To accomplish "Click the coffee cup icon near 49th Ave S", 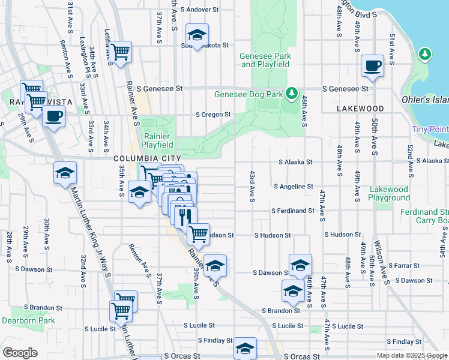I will click(x=372, y=65).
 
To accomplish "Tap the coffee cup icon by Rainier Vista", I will click(x=53, y=116).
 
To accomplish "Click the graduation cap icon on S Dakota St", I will click(x=196, y=35).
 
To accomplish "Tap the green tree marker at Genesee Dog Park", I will click(x=292, y=94).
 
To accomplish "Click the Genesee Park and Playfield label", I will click(x=265, y=60).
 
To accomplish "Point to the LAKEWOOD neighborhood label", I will click(x=360, y=109).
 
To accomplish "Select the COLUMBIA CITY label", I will click(x=139, y=158).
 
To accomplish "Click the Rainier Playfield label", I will click(x=158, y=140).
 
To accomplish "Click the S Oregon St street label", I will click(x=214, y=115).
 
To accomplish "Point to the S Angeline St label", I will click(x=293, y=187).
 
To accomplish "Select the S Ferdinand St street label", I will click(x=292, y=211).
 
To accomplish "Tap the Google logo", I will click(x=20, y=353).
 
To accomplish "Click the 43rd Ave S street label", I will click(x=252, y=186).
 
